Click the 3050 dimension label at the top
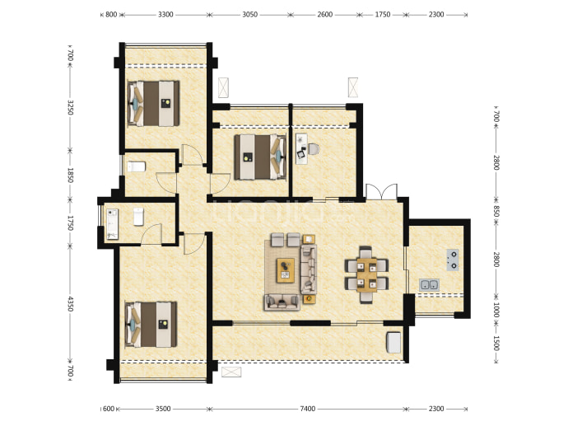click(x=249, y=15)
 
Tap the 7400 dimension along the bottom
click(x=307, y=409)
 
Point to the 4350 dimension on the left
click(x=71, y=303)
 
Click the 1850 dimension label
click(x=71, y=175)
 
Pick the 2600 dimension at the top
click(x=324, y=15)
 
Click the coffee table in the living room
click(x=286, y=270)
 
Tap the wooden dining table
click(x=366, y=275)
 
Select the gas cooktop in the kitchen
click(x=453, y=260)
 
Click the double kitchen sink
click(x=429, y=284)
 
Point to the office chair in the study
click(x=314, y=148)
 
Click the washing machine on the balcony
click(x=393, y=342)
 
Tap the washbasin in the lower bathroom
click(x=113, y=223)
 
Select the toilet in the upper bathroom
click(x=137, y=166)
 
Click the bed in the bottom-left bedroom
click(x=151, y=325)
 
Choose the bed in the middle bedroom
click(x=260, y=157)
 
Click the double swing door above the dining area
click(x=381, y=192)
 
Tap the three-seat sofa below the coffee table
click(x=282, y=302)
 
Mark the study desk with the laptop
click(x=301, y=148)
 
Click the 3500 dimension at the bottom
click(x=163, y=409)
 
